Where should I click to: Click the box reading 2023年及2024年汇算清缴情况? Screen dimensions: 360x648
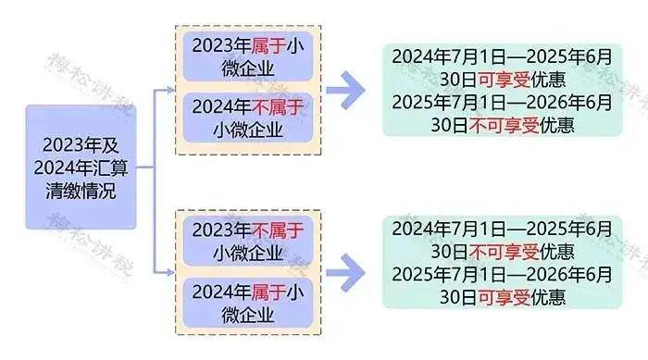(81, 168)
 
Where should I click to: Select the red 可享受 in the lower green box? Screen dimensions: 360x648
(480, 297)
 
